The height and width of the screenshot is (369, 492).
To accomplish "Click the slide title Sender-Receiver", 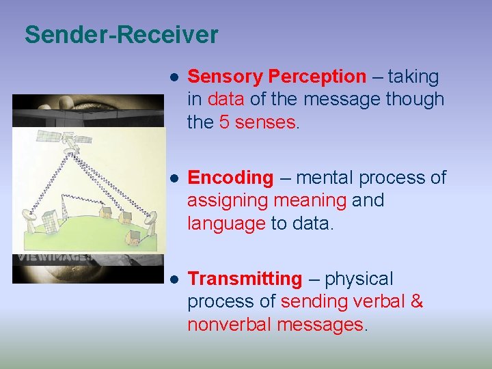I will pos(121,34).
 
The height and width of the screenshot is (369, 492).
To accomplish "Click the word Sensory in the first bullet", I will pos(225,77).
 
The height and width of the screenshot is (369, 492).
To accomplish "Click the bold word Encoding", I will pos(230,178).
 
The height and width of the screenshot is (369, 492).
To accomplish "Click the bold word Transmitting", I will pos(244,279).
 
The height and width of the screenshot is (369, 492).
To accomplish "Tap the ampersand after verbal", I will pos(416,301).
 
